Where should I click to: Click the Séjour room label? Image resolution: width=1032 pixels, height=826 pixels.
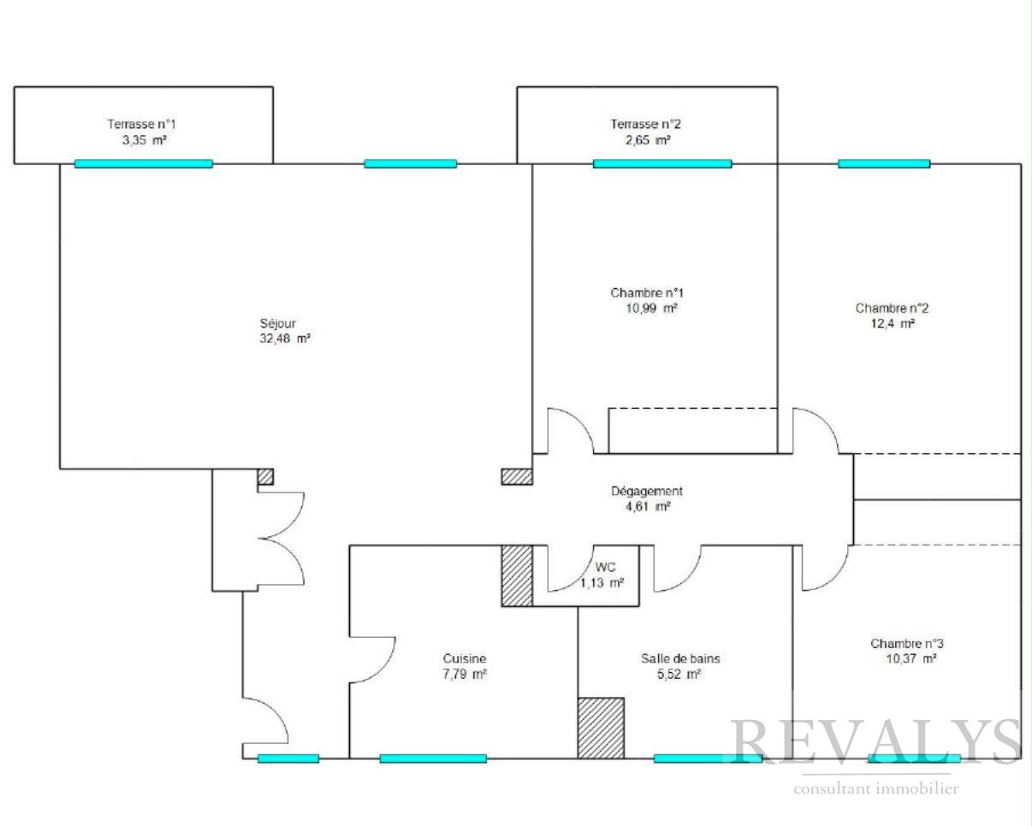click(277, 324)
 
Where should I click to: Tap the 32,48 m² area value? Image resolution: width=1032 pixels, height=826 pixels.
click(285, 339)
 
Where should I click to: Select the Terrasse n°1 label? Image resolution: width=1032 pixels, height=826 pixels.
click(141, 125)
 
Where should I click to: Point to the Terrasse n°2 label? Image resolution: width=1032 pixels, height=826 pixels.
click(645, 125)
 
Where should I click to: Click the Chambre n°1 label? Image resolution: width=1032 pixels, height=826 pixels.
click(647, 292)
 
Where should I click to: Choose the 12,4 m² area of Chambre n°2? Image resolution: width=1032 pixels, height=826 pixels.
click(893, 324)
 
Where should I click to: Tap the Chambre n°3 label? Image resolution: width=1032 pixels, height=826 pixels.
click(907, 644)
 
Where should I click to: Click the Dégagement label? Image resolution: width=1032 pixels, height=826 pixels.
click(647, 492)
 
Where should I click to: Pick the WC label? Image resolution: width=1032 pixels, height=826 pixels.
click(605, 567)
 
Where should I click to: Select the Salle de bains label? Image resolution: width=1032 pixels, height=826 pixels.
click(680, 658)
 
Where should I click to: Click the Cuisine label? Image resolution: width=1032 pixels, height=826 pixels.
click(464, 658)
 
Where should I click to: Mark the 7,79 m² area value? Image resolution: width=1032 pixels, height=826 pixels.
click(465, 674)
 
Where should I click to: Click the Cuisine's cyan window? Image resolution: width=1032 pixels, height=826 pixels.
click(433, 758)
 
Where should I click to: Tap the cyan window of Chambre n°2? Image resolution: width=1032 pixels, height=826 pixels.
click(884, 164)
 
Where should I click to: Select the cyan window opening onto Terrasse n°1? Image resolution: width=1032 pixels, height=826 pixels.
click(144, 164)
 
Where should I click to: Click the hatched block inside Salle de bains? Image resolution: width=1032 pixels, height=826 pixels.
click(601, 729)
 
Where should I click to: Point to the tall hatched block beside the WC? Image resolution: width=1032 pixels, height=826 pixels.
click(517, 576)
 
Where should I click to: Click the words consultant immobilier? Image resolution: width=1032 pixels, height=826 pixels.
click(876, 788)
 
